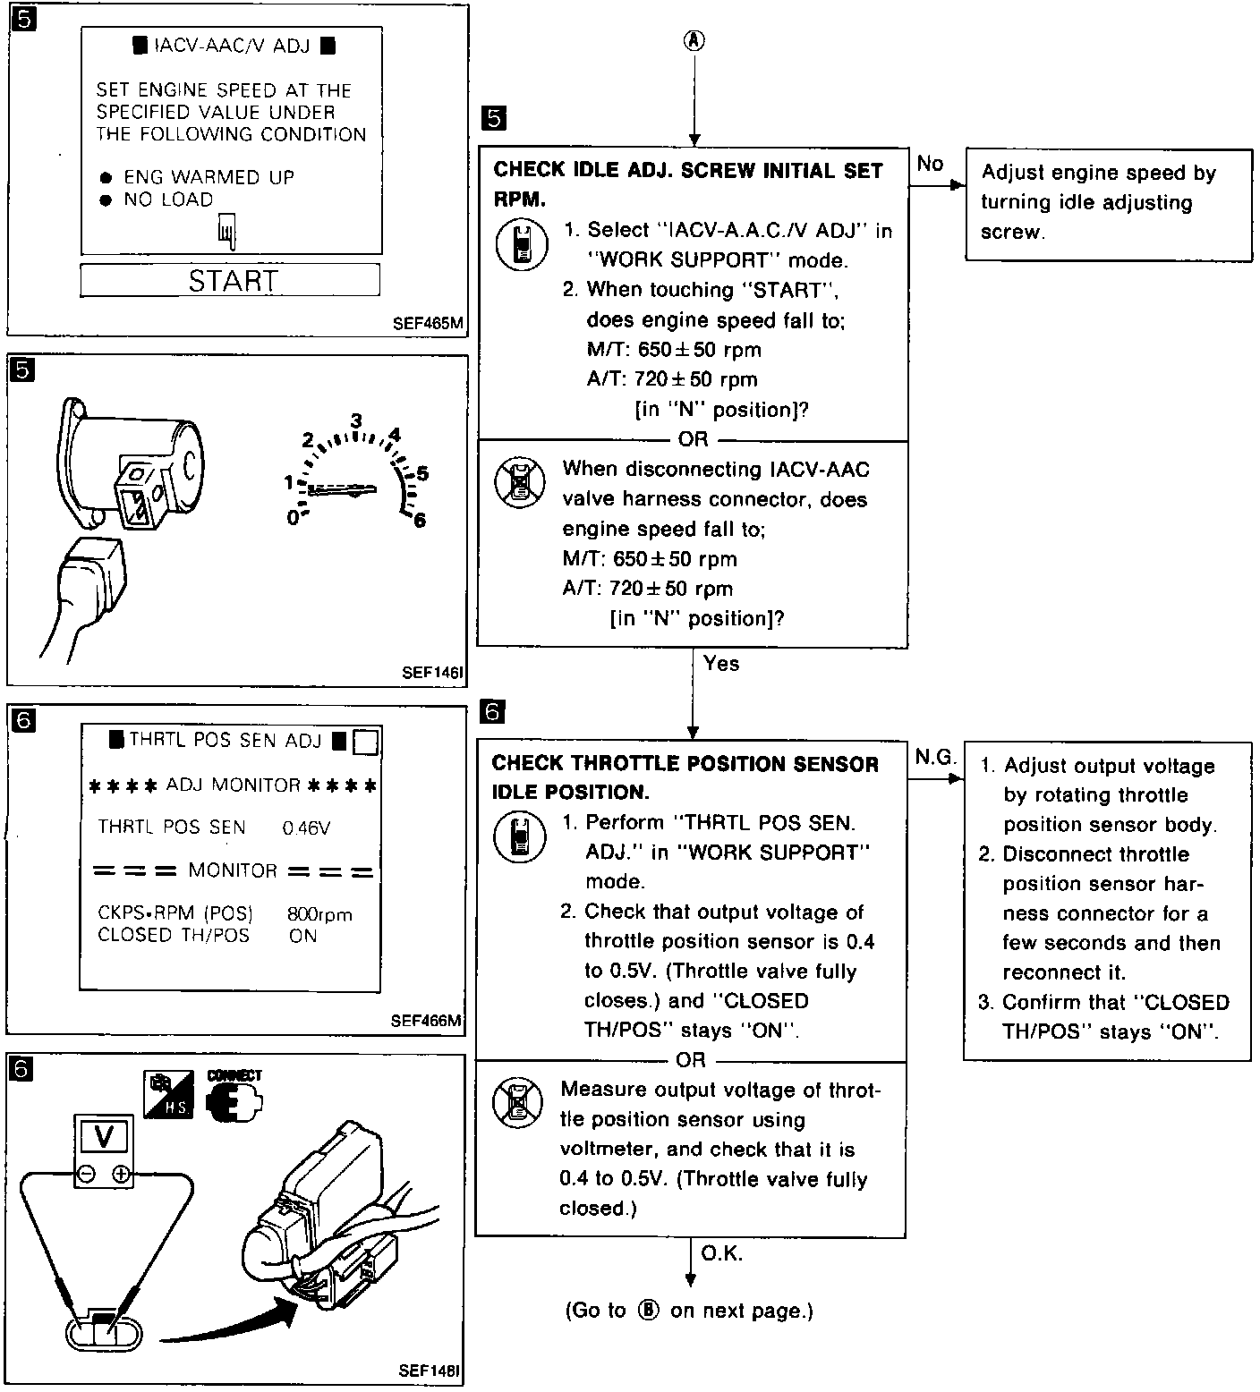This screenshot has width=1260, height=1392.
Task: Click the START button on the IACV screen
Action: tap(230, 281)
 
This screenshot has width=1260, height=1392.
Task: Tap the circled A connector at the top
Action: tap(694, 40)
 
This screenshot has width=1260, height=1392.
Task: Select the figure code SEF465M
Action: tap(428, 324)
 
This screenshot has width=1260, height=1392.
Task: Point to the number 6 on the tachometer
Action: tap(419, 520)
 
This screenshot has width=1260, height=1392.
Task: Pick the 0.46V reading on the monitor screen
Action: tap(306, 828)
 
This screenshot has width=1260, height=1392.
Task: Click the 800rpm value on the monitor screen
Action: tap(319, 914)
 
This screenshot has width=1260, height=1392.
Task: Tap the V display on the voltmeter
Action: tap(104, 1137)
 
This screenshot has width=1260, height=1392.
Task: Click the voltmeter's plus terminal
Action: tap(121, 1175)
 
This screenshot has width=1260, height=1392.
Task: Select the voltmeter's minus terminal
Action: tap(87, 1175)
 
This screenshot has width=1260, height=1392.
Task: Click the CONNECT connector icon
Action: tap(234, 1097)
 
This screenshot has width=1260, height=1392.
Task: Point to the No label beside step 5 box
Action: tap(930, 164)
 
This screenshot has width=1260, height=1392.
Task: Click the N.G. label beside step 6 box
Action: tap(935, 758)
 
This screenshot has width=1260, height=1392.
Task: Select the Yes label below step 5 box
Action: tap(721, 663)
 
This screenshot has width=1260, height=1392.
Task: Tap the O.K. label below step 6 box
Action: tap(721, 1253)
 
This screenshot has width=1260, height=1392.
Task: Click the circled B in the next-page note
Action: tap(649, 1311)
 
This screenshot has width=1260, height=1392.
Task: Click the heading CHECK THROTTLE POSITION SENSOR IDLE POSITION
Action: tap(685, 777)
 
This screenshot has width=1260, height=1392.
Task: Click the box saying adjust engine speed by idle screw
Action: tap(1108, 203)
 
